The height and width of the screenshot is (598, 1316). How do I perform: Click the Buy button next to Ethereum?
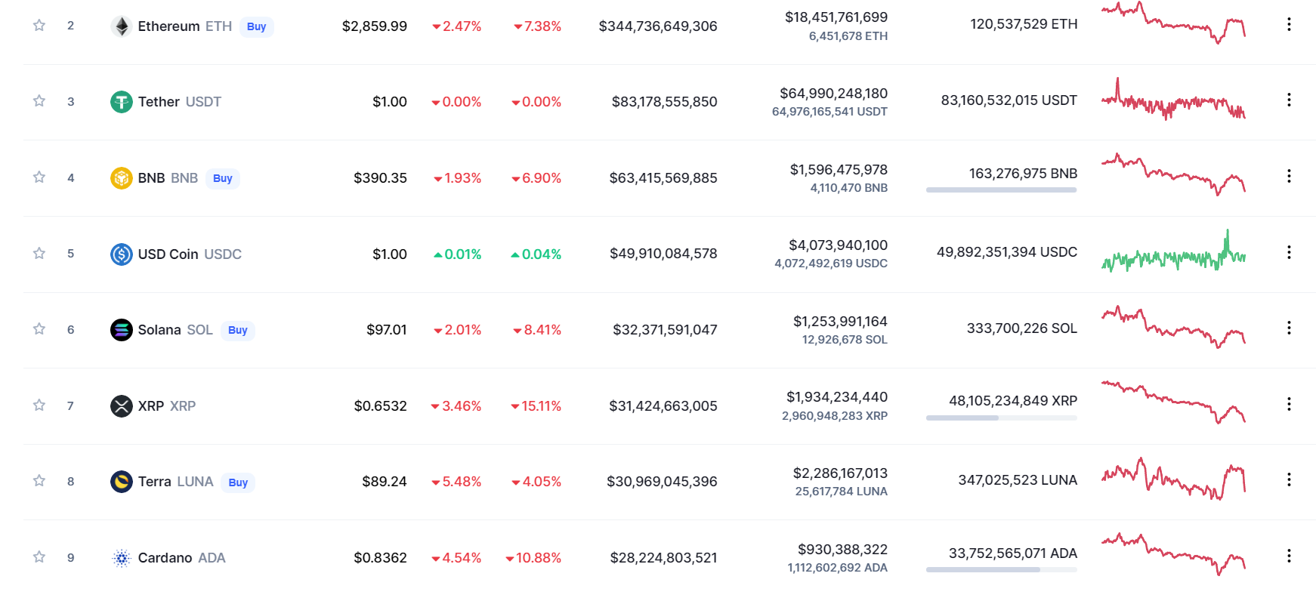pos(256,26)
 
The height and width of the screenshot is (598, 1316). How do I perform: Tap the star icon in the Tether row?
pos(39,101)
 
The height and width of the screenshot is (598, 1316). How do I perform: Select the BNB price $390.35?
pos(380,178)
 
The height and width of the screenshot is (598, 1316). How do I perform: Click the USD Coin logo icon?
pos(121,254)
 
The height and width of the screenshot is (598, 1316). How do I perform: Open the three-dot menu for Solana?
pos(1289,328)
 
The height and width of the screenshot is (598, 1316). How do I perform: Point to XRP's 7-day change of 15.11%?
pos(536,406)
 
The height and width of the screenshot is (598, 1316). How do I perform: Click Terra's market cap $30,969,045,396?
pos(662,482)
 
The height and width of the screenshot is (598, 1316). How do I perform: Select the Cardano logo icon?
pos(121,558)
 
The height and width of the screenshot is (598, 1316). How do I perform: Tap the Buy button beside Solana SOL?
pos(237,330)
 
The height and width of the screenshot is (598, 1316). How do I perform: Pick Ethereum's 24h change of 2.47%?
pos(457,26)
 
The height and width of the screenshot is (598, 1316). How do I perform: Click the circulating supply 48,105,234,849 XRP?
pos(1013,401)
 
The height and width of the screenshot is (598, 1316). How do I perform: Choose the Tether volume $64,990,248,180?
pos(833,94)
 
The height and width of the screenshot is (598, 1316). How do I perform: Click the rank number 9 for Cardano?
pos(71,558)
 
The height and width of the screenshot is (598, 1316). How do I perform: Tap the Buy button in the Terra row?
pos(238,482)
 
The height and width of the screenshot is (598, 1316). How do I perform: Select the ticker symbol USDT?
pos(203,102)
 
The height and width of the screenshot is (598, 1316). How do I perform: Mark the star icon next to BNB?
pos(39,177)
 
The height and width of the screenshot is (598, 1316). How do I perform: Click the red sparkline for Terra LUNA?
pos(1173,479)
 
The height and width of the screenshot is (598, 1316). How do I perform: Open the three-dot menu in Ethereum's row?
pos(1289,24)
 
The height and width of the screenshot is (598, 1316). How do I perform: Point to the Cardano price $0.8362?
pos(380,558)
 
